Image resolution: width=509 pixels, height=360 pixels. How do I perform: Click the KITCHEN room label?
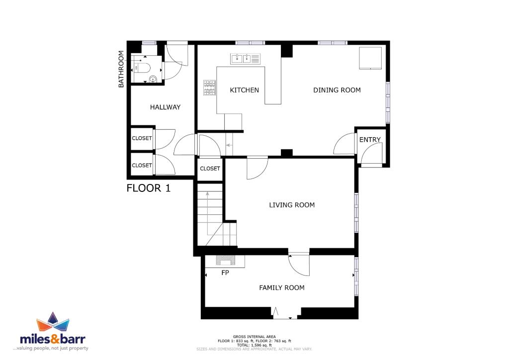244,90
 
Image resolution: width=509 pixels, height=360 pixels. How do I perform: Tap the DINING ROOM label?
337,90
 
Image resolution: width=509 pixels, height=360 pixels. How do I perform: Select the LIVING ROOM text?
291,205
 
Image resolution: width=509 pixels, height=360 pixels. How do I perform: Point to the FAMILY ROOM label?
281,287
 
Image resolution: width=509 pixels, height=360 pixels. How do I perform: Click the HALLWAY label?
165,107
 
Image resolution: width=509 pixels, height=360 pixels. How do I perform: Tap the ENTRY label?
370,140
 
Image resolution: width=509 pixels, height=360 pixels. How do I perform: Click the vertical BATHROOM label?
121,69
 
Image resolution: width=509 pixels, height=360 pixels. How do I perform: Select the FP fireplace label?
225,272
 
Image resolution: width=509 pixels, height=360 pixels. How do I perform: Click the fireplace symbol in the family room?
225,261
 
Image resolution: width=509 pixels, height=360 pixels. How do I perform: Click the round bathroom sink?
153,79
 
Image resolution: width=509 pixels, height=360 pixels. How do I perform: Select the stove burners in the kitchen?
209,88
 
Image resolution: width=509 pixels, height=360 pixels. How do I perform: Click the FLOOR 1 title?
148,188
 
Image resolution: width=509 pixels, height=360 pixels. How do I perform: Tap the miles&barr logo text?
53,339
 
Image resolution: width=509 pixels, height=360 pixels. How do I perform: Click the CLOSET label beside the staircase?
210,169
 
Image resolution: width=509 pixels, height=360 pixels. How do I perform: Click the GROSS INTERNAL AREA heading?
254,337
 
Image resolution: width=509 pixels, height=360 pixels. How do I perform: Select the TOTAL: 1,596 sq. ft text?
254,345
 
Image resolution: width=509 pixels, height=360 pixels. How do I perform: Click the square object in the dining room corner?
370,58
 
